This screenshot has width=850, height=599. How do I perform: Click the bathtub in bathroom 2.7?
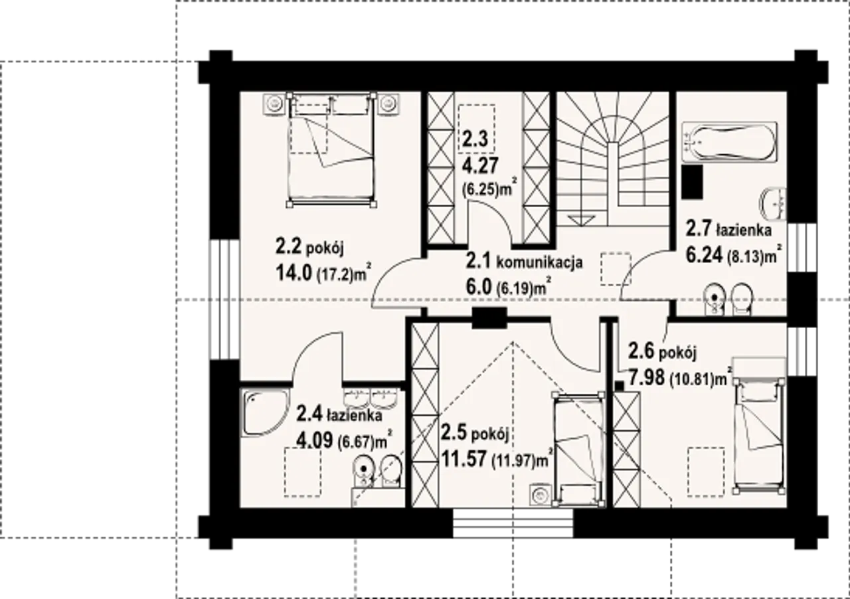coord(729,143)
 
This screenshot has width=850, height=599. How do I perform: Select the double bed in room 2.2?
coord(331,149)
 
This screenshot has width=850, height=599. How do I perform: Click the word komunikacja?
coord(539,262)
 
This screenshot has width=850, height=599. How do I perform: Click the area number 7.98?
coord(647,377)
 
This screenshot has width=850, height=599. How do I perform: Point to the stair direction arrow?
coord(580,220)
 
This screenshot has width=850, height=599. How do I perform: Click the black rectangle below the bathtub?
coord(693,182)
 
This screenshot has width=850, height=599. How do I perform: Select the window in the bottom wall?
coord(513,523)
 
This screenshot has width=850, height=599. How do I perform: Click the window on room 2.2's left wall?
coord(225,300)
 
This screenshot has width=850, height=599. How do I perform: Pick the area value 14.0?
coord(294,274)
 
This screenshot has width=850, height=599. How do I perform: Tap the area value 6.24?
coord(704,255)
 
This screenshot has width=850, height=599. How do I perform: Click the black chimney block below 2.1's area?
coord(489,317)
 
